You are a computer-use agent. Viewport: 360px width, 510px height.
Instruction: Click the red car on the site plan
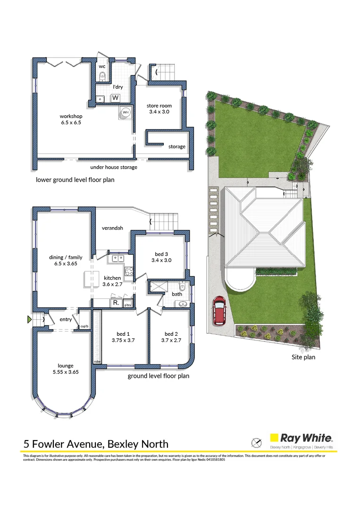[x=219, y=311]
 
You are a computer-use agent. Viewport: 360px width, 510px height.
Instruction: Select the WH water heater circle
[x=126, y=113]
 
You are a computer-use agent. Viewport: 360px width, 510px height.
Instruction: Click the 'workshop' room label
[x=71, y=116]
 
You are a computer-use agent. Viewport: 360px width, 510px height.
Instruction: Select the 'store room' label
[x=159, y=105]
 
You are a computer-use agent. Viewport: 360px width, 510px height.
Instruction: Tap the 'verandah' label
[x=112, y=228]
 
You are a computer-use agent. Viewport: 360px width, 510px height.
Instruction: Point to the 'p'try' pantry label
[x=127, y=305]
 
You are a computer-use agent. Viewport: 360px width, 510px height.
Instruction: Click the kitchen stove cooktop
[x=128, y=271]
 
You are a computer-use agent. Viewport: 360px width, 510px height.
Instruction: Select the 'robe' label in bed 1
[x=98, y=361]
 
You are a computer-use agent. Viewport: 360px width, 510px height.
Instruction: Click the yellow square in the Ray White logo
[x=273, y=438]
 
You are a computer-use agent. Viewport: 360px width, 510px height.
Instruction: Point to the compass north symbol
[x=256, y=442]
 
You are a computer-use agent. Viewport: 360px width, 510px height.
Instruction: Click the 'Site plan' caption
[x=303, y=357]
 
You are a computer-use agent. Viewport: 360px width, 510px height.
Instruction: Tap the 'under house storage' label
[x=114, y=167]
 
